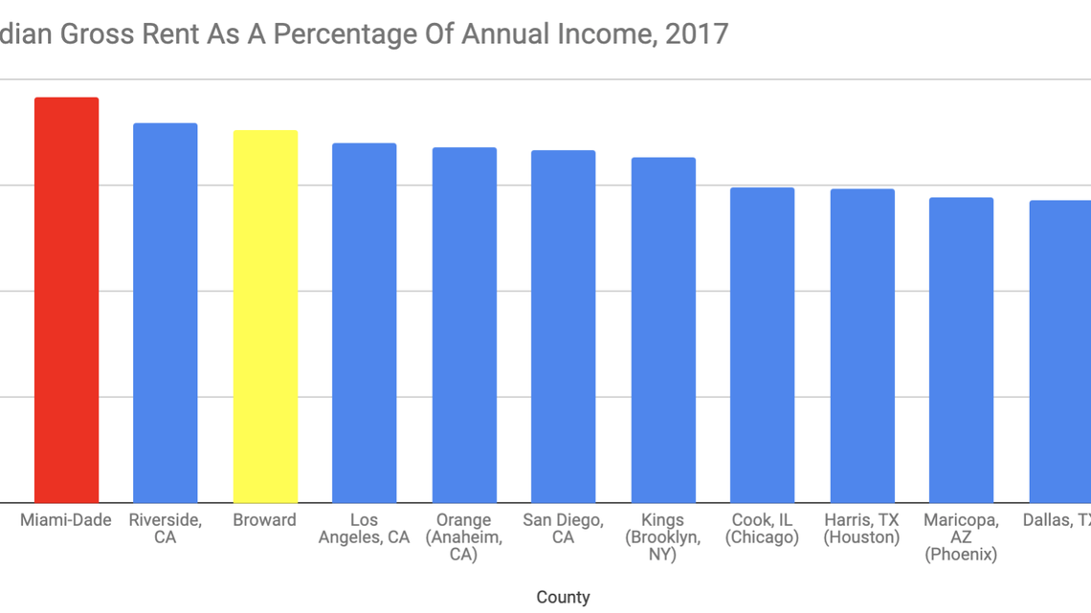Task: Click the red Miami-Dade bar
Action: click(x=66, y=300)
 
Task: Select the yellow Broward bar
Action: click(x=265, y=317)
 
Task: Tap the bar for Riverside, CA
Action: click(x=165, y=313)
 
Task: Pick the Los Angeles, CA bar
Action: click(x=364, y=323)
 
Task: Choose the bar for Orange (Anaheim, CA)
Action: click(x=464, y=325)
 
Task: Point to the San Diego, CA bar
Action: click(x=563, y=326)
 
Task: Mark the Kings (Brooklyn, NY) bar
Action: click(x=663, y=330)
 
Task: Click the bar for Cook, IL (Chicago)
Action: click(x=762, y=345)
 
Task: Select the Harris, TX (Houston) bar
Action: click(x=862, y=346)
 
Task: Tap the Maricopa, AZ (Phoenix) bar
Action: click(x=961, y=350)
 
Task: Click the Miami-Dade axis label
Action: click(x=66, y=520)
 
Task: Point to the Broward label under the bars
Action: click(x=265, y=520)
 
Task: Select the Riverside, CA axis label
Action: click(x=165, y=529)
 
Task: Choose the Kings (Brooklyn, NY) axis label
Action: click(x=663, y=536)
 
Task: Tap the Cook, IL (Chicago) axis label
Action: click(x=762, y=529)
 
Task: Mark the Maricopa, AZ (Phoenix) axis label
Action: click(x=961, y=536)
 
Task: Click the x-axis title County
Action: click(x=563, y=597)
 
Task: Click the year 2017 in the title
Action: click(x=697, y=34)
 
